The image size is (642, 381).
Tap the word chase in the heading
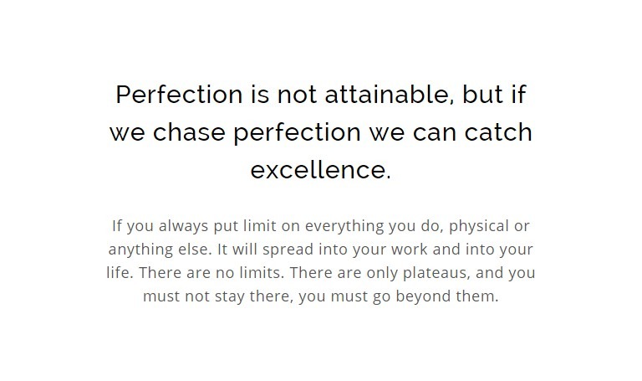(x=189, y=132)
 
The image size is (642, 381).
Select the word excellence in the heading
(x=321, y=170)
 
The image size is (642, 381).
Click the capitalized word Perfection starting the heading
(x=180, y=95)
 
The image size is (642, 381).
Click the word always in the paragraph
(x=183, y=226)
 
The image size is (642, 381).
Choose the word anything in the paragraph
(x=140, y=250)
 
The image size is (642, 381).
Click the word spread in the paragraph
(x=288, y=250)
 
